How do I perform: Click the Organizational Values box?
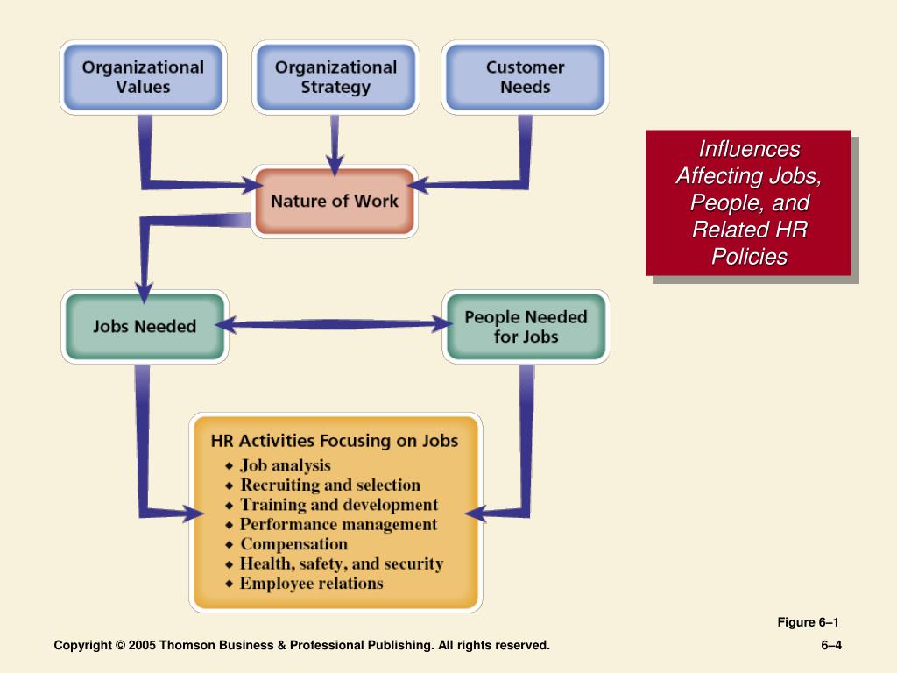(x=143, y=77)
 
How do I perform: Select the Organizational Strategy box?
(x=335, y=77)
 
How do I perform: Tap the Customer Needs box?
(x=526, y=77)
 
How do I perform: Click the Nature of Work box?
(x=335, y=201)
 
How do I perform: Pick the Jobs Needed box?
(x=145, y=326)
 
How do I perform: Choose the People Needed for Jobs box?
(x=526, y=326)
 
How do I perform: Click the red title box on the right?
(x=748, y=202)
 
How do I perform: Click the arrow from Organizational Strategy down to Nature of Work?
(x=335, y=145)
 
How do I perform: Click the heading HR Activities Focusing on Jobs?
(x=335, y=441)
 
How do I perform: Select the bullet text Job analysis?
(x=286, y=465)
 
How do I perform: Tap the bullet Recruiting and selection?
(x=330, y=485)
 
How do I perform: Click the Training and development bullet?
(x=339, y=505)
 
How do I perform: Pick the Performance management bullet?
(x=339, y=524)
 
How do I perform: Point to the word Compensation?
(x=294, y=543)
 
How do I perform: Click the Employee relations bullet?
(x=312, y=583)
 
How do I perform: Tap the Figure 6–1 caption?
(x=808, y=622)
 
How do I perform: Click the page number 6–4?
(x=831, y=645)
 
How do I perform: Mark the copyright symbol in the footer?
(x=120, y=645)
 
